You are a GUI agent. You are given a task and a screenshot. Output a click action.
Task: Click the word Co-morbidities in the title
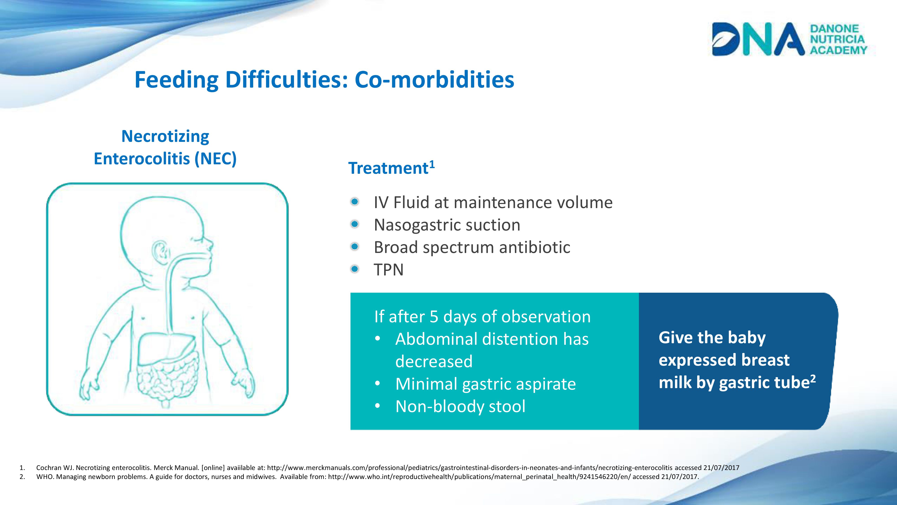434,79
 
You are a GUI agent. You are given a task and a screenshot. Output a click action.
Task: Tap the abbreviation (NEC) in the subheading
216,159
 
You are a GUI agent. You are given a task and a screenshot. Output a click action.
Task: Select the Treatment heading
391,168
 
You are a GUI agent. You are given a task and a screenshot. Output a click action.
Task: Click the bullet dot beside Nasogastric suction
355,224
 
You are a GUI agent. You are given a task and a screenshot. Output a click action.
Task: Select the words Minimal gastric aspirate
486,384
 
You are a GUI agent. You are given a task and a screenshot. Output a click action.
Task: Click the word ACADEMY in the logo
838,50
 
